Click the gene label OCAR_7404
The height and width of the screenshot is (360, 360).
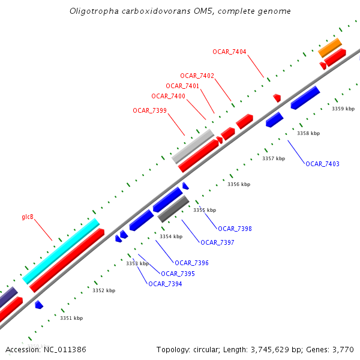click(x=229, y=52)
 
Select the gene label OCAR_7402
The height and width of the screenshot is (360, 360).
click(x=197, y=76)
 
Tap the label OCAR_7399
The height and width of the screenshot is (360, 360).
click(x=149, y=110)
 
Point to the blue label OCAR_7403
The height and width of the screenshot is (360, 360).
click(x=322, y=164)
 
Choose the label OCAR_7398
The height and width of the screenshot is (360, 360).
click(x=235, y=229)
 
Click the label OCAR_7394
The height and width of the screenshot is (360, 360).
click(x=165, y=284)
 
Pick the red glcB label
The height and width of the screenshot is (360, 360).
click(x=28, y=217)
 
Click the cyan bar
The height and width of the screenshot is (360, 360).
click(x=61, y=251)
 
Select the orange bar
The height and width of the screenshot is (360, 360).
click(x=329, y=47)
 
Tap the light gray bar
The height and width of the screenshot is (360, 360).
click(x=193, y=146)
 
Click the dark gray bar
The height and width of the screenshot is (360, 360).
click(x=173, y=209)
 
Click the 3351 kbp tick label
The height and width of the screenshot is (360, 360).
click(x=71, y=318)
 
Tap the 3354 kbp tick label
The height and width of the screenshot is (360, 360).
click(x=170, y=236)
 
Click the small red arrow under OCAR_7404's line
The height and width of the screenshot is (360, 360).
click(x=277, y=97)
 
